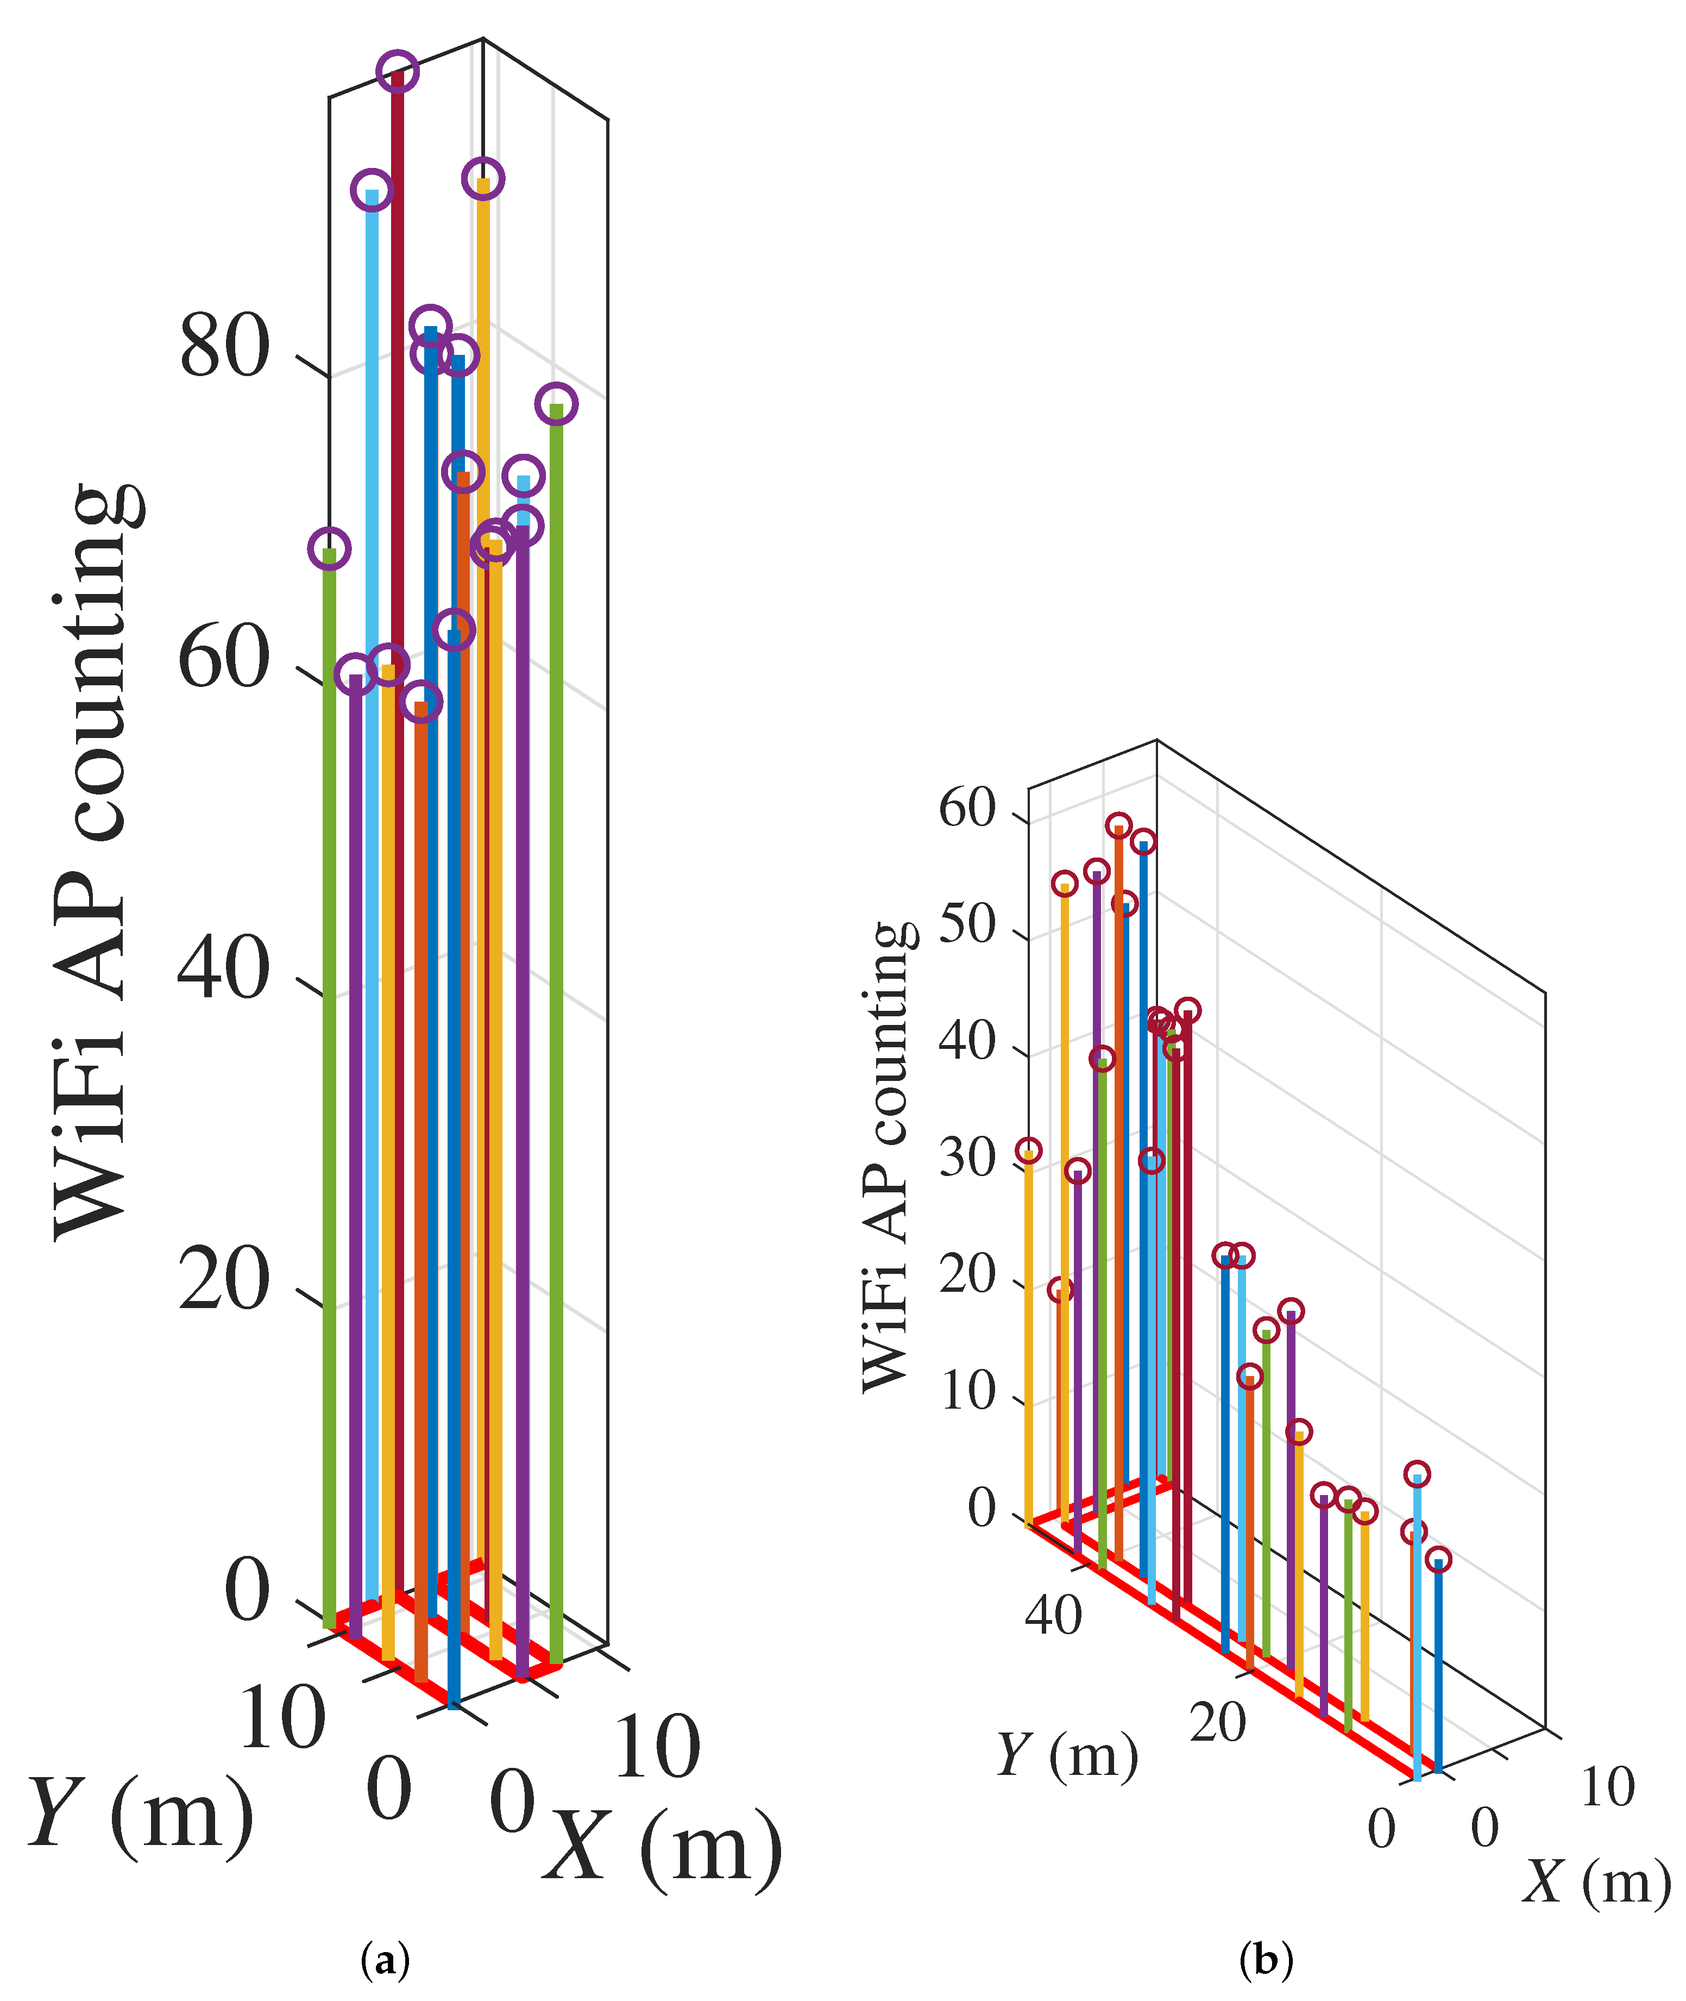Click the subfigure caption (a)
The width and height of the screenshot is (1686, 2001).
click(x=385, y=1960)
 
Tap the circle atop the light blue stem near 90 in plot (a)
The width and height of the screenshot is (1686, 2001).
click(x=372, y=189)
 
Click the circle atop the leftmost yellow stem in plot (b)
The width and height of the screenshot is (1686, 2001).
click(x=1028, y=1150)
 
